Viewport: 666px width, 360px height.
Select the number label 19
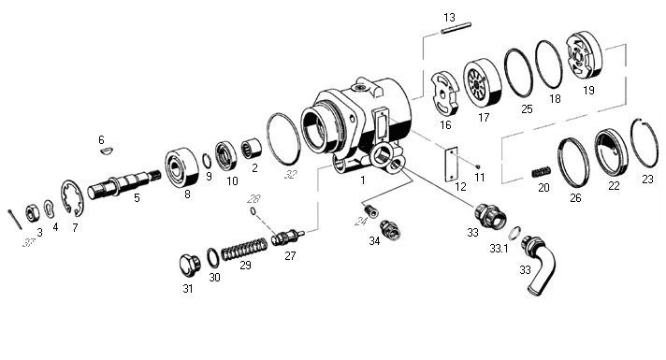(587, 91)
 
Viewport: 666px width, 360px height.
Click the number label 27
(290, 255)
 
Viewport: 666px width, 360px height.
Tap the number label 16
(445, 124)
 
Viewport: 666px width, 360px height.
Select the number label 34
(374, 241)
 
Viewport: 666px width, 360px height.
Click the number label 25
(527, 109)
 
